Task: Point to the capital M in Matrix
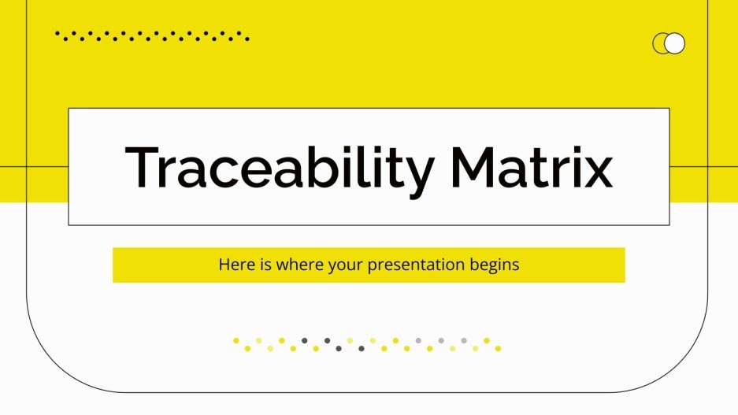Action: (x=479, y=168)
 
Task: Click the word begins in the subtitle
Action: (x=495, y=265)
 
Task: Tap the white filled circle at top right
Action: (x=675, y=44)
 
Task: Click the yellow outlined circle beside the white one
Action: (x=661, y=44)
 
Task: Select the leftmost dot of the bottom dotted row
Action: (x=235, y=341)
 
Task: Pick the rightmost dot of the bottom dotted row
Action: (x=498, y=348)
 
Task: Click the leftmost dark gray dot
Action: (x=304, y=341)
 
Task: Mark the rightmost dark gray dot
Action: (x=362, y=348)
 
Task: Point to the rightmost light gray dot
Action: (x=464, y=341)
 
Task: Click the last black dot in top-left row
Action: (x=247, y=38)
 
